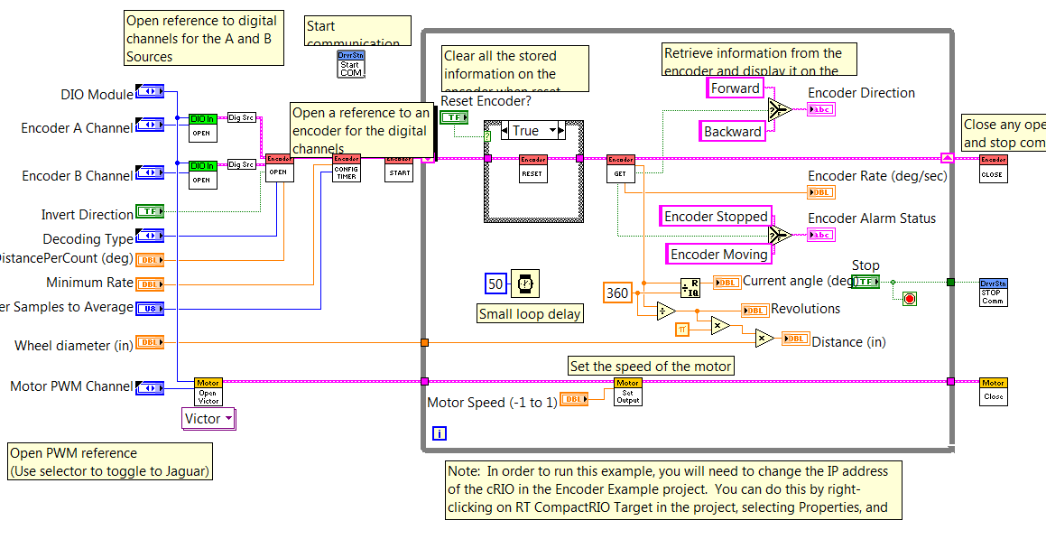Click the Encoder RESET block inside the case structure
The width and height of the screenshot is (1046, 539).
pos(532,169)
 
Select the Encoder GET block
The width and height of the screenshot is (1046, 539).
pos(621,169)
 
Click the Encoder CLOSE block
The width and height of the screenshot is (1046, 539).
pos(993,169)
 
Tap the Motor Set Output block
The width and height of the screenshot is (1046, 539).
pos(628,392)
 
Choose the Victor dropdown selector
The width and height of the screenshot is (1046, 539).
pos(208,419)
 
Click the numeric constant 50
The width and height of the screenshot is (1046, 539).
pos(495,283)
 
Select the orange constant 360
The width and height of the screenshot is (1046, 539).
pos(617,293)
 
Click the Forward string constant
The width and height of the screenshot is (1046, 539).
pos(735,88)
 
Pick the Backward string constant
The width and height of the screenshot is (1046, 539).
pos(733,132)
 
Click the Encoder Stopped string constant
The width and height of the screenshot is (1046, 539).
pos(716,217)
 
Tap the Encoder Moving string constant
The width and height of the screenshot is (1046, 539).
pos(718,255)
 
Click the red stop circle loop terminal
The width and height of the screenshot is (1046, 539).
pos(909,299)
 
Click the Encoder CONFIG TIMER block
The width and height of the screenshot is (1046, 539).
pos(347,169)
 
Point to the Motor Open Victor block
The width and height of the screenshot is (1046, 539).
pos(208,392)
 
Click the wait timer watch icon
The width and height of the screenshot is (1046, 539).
pos(524,283)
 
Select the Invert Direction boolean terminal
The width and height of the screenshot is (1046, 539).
pos(149,212)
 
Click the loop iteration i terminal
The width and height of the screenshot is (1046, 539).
pos(440,433)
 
